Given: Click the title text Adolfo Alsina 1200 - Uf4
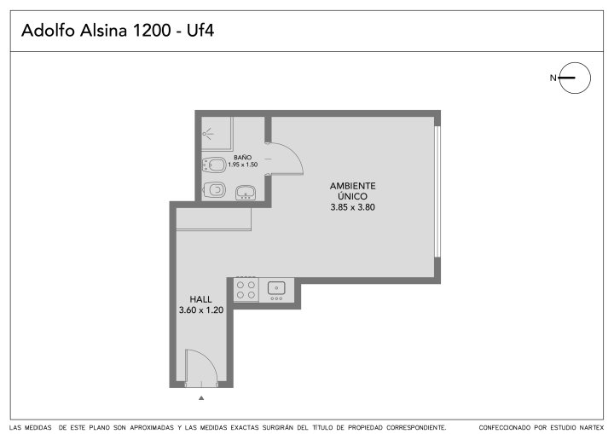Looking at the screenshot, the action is tap(118, 31).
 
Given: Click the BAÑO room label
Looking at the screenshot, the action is tap(243, 158).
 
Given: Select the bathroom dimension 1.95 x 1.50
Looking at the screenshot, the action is tap(243, 165).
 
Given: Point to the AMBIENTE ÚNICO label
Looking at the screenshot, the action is tap(352, 191).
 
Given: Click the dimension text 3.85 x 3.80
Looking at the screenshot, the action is tap(352, 207).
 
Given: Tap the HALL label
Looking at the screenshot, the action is tap(201, 299).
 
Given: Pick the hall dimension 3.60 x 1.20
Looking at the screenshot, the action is tap(201, 310).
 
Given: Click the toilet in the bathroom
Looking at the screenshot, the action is tap(214, 165).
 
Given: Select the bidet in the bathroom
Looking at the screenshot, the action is tap(214, 190).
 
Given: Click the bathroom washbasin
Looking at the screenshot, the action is tap(246, 193).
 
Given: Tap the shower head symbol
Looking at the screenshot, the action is tap(207, 134).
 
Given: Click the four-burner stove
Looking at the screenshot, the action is tap(246, 290).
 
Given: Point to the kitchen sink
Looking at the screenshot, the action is tap(276, 289).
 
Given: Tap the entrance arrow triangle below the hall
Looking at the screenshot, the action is tap(201, 398).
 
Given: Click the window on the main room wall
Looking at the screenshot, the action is tap(437, 192).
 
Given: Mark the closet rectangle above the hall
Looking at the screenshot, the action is tap(214, 219).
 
